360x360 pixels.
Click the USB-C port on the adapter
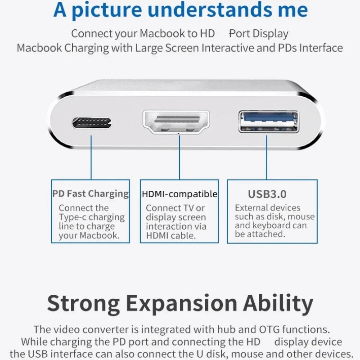coord(91,123)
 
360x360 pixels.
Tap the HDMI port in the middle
coord(179,121)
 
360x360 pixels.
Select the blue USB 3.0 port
coord(269,121)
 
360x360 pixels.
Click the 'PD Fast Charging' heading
coord(90,194)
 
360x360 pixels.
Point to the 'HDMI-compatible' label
coord(179,194)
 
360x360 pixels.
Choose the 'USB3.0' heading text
coord(267,194)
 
